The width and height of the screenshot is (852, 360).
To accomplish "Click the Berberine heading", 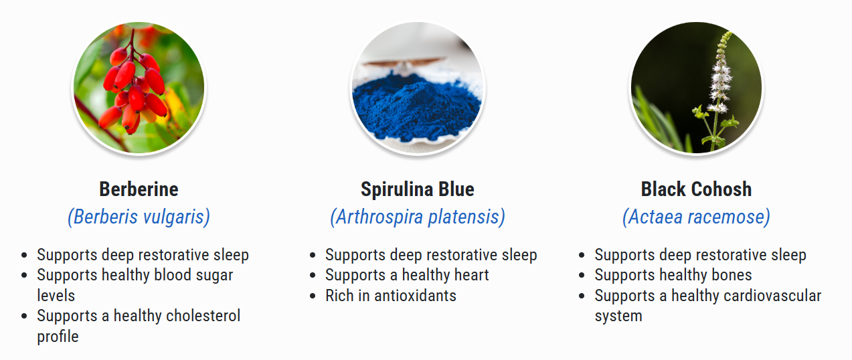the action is click(139, 189).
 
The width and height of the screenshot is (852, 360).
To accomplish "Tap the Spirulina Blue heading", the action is click(418, 189).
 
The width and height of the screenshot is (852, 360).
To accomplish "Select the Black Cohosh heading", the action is click(697, 189).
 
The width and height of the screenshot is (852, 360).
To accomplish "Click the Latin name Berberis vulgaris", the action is click(139, 217).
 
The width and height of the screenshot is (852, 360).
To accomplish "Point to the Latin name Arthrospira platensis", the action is click(418, 217).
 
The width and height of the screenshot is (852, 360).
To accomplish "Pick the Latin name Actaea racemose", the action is click(697, 217).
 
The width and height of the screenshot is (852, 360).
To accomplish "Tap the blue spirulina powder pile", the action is click(417, 107).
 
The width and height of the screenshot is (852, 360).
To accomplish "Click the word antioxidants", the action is click(415, 296).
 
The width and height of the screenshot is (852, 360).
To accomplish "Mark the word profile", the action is click(58, 337).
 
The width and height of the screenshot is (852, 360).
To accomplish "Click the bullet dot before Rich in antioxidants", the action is click(313, 296).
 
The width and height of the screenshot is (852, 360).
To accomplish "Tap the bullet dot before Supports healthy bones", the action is click(582, 275).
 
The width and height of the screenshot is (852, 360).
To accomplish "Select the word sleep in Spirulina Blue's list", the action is click(519, 256).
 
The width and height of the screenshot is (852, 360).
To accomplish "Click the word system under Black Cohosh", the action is click(618, 317).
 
